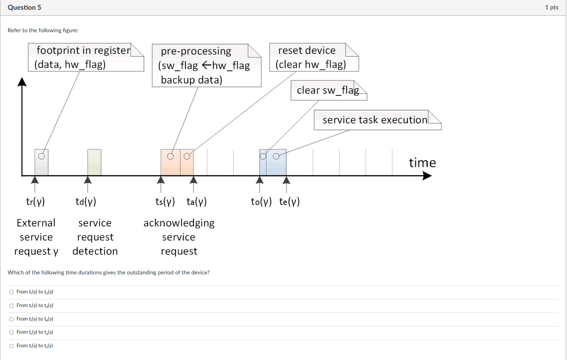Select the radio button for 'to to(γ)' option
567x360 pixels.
point(11,292)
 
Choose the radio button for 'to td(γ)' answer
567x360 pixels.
point(11,306)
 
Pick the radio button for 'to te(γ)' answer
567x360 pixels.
point(11,319)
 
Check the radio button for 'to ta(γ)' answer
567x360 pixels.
point(11,332)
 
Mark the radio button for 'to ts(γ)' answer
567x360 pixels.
point(11,346)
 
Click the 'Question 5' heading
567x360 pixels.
point(25,8)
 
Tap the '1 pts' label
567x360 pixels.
point(551,8)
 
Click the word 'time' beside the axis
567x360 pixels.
point(422,163)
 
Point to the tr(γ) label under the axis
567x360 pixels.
point(36,202)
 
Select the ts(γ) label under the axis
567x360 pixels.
point(165,202)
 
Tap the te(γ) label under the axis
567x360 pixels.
point(289,202)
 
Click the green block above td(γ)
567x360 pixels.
point(94,162)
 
